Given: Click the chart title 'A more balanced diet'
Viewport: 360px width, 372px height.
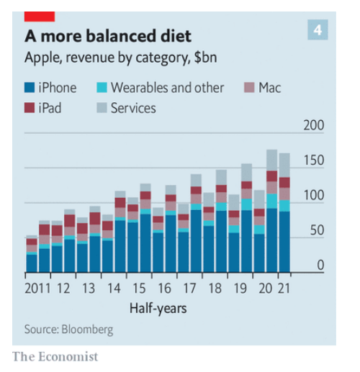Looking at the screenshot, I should pos(113,35).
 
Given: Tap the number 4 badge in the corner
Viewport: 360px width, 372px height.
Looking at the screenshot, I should pos(317,30).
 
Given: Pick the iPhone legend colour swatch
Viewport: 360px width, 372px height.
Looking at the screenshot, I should pos(30,89).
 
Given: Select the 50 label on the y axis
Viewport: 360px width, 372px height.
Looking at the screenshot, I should pos(317,230).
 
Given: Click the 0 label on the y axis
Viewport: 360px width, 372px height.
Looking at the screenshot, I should pos(320,266).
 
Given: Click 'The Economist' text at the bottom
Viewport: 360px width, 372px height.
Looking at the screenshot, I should pos(54,357).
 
